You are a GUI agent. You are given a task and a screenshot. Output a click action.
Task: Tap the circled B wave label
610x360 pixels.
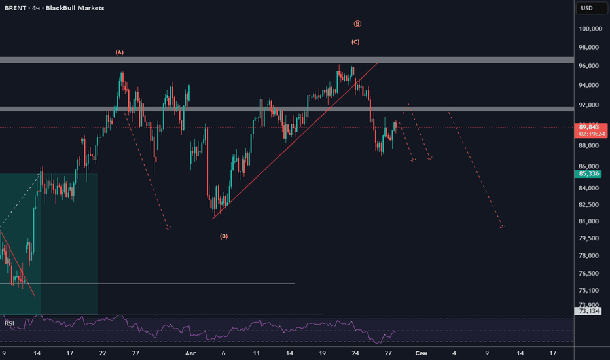pos(357,24)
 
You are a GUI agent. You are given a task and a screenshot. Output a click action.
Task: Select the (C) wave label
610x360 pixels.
pos(355,42)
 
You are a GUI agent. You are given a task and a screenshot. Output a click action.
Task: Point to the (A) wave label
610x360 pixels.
pos(119,52)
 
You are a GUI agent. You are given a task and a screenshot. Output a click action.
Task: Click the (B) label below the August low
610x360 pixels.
pos(224,236)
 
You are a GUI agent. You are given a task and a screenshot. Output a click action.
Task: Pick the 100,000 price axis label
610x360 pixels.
pos(590,29)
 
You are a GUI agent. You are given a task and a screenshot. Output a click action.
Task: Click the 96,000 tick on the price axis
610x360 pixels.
pos(588,66)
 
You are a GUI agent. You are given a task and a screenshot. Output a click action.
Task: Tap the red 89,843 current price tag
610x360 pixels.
pos(590,130)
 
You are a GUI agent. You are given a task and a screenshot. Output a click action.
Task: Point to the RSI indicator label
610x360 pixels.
pos(9,323)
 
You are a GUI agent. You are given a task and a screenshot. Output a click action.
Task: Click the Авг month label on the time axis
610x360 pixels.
pos(190,353)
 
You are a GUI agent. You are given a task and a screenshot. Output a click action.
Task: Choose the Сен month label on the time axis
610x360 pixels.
pos(421,353)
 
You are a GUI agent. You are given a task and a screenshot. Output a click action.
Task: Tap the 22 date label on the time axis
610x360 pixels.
pos(103,353)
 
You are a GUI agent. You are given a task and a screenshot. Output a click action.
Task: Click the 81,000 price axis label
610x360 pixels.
pos(588,221)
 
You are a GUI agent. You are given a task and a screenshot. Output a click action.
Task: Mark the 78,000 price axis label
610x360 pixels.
pos(588,255)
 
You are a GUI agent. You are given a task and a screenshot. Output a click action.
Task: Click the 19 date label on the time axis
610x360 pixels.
pos(323,353)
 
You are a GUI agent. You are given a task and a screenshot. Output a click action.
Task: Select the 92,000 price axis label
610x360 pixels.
pos(588,105)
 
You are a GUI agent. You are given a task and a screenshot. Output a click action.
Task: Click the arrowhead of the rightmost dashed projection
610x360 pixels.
pos(503,226)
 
